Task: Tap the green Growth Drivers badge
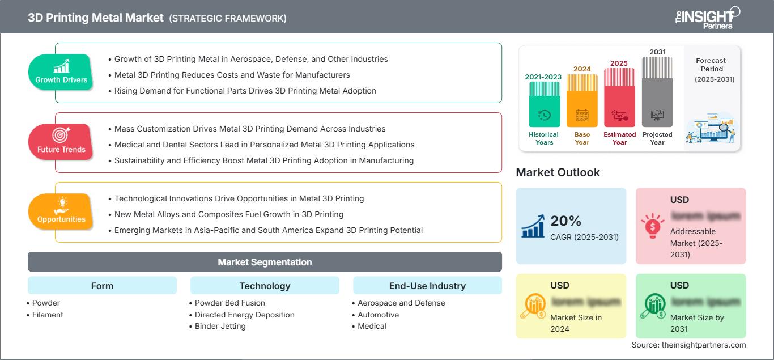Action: point(61,72)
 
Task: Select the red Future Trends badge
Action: point(61,142)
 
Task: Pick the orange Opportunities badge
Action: point(61,211)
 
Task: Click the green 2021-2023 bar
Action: point(544,104)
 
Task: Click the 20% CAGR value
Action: point(566,221)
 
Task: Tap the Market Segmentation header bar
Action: point(265,262)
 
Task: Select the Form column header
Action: point(102,286)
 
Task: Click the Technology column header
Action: point(265,286)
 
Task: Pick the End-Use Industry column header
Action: point(427,286)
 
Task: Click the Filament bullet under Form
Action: point(48,315)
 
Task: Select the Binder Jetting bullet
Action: point(220,326)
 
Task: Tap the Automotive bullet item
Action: point(378,315)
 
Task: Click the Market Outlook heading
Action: point(558,172)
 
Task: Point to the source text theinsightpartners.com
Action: point(688,345)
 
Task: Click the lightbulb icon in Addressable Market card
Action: point(652,226)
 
